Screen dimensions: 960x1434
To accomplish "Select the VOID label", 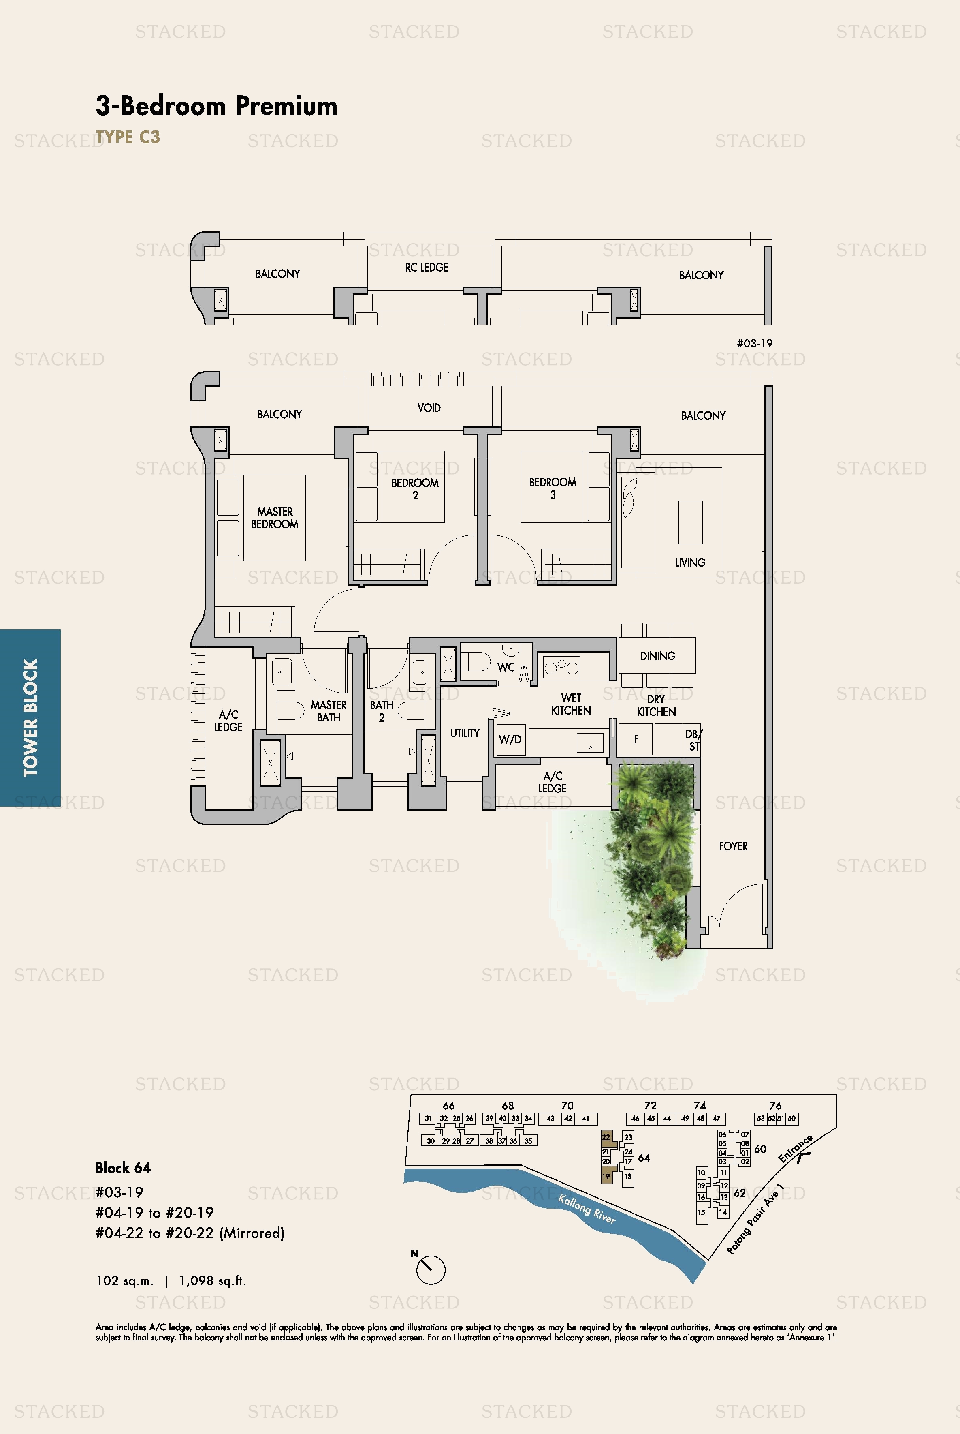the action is pyautogui.click(x=429, y=407).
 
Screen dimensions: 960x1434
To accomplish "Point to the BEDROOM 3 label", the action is pyautogui.click(x=552, y=488).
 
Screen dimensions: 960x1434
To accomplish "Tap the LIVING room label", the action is pyautogui.click(x=690, y=562).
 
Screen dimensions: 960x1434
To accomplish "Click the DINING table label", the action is pyautogui.click(x=657, y=656).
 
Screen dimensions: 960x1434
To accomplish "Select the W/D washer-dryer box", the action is pyautogui.click(x=510, y=739).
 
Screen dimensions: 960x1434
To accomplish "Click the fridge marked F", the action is pyautogui.click(x=636, y=739).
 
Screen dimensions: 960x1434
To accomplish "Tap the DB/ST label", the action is pyautogui.click(x=694, y=740).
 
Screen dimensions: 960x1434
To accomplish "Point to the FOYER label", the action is pyautogui.click(x=733, y=846).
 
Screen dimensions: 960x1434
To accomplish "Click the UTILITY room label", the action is pyautogui.click(x=465, y=733).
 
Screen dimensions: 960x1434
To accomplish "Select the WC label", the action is pyautogui.click(x=506, y=667).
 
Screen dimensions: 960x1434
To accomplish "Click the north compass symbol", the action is pyautogui.click(x=431, y=1269).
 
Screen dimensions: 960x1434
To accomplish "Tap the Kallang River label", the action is pyautogui.click(x=587, y=1209).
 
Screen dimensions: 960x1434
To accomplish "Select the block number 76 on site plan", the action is pyautogui.click(x=775, y=1105).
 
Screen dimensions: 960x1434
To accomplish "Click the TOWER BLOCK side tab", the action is pyautogui.click(x=30, y=717).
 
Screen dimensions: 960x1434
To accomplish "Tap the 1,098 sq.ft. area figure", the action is pyautogui.click(x=212, y=1280).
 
